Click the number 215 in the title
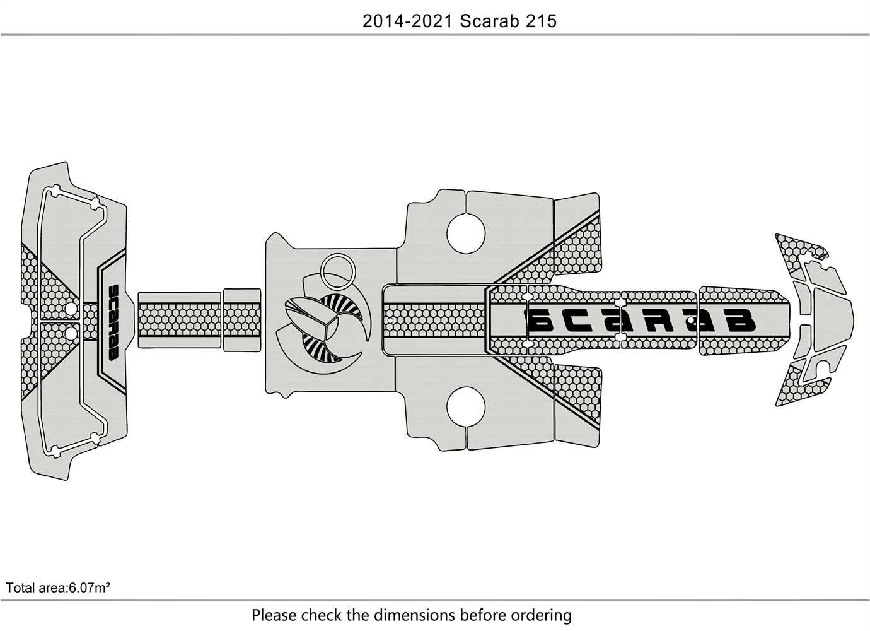click(x=541, y=21)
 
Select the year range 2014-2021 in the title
click(x=407, y=21)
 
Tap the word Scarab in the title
click(x=489, y=21)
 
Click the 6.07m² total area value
click(x=90, y=587)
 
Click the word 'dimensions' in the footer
click(x=414, y=615)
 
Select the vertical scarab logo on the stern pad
click(x=113, y=323)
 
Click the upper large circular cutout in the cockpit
click(x=466, y=233)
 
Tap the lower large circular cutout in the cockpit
click(x=466, y=406)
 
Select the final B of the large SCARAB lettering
click(x=741, y=321)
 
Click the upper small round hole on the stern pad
click(x=71, y=309)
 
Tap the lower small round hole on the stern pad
click(x=71, y=333)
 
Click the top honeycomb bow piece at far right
click(x=799, y=252)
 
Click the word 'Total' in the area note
click(x=20, y=587)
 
